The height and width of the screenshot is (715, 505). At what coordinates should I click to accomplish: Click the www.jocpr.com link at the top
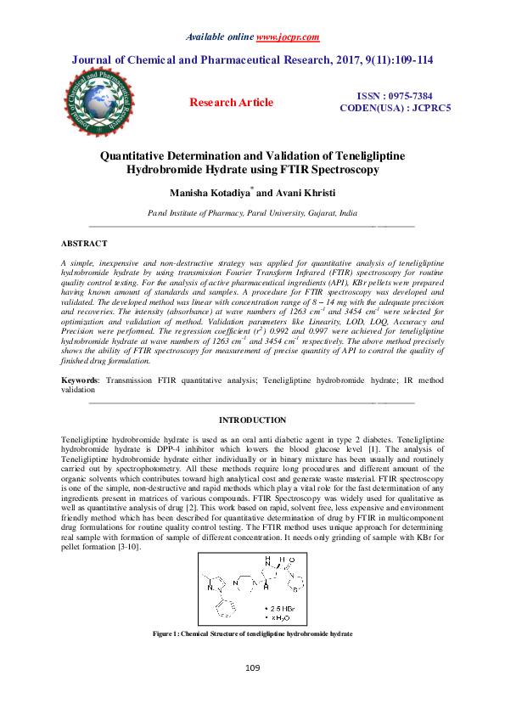287,37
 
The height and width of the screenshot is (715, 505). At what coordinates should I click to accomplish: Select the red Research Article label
231,103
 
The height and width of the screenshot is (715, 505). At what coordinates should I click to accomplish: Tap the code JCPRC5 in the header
429,109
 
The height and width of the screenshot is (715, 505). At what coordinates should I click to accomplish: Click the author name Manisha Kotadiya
210,194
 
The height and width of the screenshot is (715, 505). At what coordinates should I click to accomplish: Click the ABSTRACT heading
84,244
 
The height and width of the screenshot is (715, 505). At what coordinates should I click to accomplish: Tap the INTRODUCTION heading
252,420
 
